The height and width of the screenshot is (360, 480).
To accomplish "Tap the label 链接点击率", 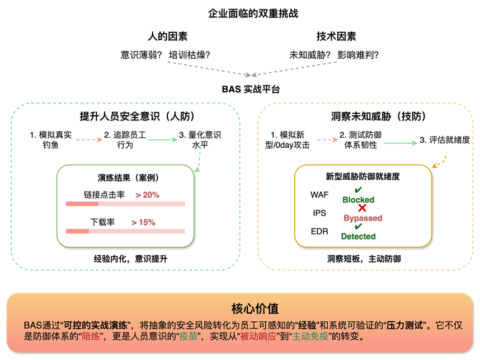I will click(x=100, y=195).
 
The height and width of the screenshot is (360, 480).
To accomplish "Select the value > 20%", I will click(x=147, y=195).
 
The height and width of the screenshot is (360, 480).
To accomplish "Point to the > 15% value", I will click(x=143, y=222).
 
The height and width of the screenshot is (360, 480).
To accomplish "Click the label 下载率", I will click(x=102, y=222).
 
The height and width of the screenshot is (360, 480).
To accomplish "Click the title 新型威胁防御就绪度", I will click(x=363, y=176).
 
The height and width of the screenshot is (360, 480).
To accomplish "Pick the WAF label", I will click(x=319, y=195).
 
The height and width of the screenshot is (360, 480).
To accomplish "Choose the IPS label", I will click(x=319, y=213).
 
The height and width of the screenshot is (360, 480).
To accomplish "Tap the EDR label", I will click(x=319, y=231).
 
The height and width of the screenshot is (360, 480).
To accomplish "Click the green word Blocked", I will click(x=358, y=200).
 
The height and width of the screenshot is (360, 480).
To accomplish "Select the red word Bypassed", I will click(x=363, y=218).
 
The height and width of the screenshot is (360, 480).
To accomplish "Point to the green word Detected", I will click(x=358, y=236).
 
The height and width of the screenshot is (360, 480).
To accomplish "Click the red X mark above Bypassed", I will click(x=362, y=208).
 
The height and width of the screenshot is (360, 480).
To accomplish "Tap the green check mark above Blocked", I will click(x=358, y=190).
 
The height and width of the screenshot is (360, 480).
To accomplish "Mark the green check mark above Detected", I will click(x=358, y=227).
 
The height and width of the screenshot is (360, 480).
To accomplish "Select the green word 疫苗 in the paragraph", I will click(x=188, y=337).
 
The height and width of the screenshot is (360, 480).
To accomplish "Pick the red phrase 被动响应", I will click(x=253, y=337).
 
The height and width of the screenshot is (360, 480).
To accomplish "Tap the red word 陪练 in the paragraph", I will click(x=91, y=337).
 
